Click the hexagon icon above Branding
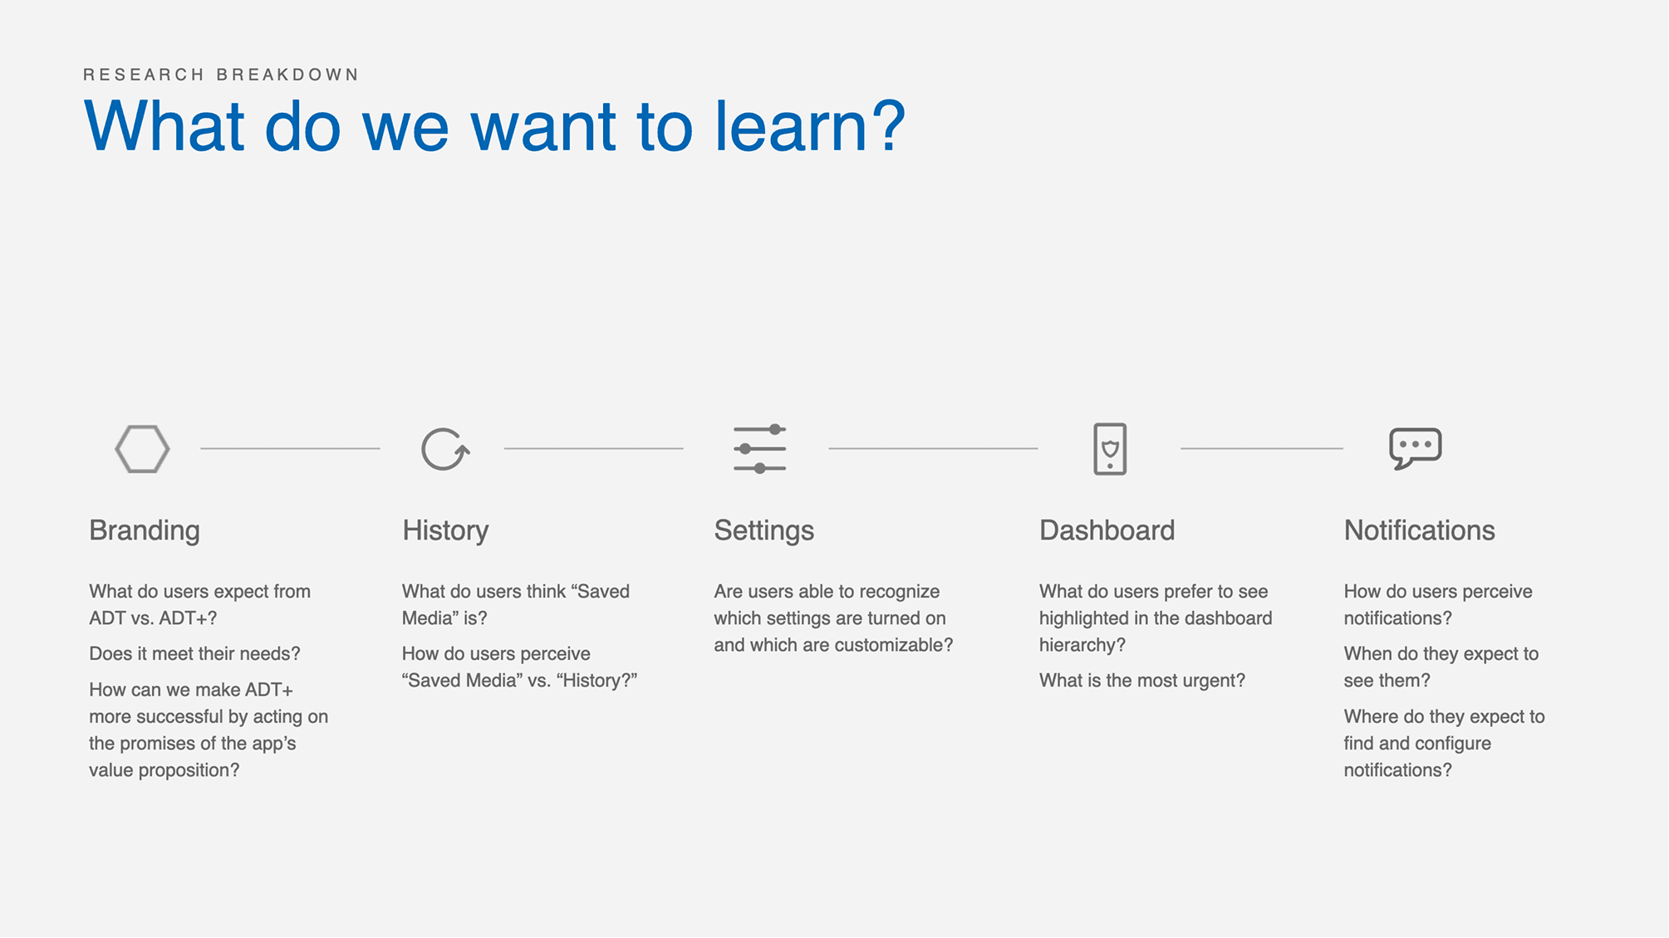pyautogui.click(x=142, y=449)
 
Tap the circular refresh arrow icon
pyautogui.click(x=444, y=449)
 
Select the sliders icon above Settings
pyautogui.click(x=759, y=449)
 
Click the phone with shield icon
pyautogui.click(x=1110, y=449)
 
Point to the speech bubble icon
pyautogui.click(x=1415, y=448)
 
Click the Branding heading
pyautogui.click(x=145, y=530)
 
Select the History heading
pyautogui.click(x=445, y=530)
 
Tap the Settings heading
pyautogui.click(x=763, y=530)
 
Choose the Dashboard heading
pyautogui.click(x=1107, y=530)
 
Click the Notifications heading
pyautogui.click(x=1419, y=530)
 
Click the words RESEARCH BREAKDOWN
pyautogui.click(x=221, y=75)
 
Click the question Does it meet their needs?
pyautogui.click(x=194, y=654)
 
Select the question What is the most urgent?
pyautogui.click(x=1141, y=681)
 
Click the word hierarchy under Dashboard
pyautogui.click(x=1082, y=645)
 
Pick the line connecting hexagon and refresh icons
pyautogui.click(x=290, y=448)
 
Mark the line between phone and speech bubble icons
pyautogui.click(x=1261, y=448)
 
